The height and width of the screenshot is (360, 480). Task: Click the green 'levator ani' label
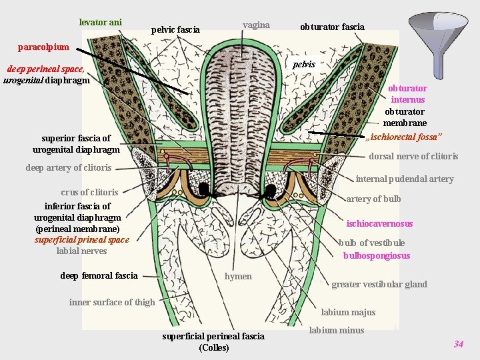[x=100, y=22]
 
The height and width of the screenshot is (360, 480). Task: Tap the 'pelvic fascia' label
[x=175, y=29]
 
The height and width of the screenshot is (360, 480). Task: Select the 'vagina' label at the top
[x=256, y=25]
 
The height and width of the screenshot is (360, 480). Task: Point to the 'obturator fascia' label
[x=332, y=27]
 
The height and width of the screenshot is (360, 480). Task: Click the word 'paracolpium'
[x=43, y=47]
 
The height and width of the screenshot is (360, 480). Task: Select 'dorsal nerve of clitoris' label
[x=413, y=157]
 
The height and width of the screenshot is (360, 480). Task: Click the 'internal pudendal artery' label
[x=404, y=179]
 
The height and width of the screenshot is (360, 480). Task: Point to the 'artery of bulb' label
[x=373, y=199]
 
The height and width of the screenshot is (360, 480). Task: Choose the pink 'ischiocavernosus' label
[x=379, y=223]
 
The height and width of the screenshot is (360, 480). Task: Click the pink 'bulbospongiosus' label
[x=377, y=255]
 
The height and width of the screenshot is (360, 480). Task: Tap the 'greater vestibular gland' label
[x=379, y=284]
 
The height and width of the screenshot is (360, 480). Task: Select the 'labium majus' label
[x=348, y=312]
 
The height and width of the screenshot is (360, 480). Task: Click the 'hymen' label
[x=238, y=276]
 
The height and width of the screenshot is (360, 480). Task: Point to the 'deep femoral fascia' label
[x=99, y=275]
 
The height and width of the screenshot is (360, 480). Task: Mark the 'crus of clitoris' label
[x=89, y=192]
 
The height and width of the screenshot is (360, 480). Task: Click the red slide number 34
[x=458, y=344]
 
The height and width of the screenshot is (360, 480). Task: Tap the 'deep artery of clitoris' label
[x=68, y=167]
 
